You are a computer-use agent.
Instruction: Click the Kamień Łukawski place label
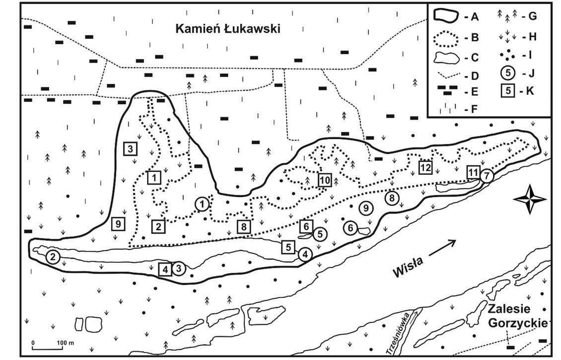(228, 29)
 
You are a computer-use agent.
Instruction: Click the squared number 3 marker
(130, 148)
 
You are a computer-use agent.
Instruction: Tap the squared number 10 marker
(325, 180)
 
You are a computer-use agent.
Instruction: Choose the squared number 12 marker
(425, 167)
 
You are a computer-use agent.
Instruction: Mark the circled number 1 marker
(202, 204)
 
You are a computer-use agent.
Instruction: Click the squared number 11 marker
(473, 172)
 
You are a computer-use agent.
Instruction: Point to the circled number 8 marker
(392, 199)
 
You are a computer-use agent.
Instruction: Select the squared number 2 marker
(158, 227)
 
